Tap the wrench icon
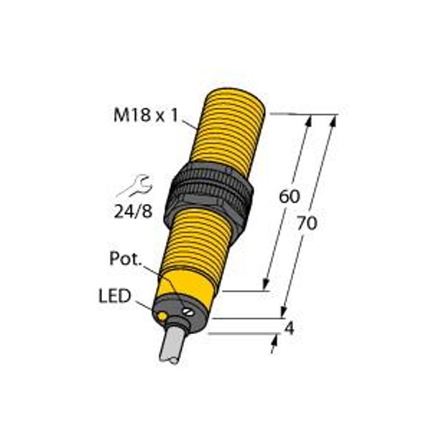(134, 189)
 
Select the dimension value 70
(307, 223)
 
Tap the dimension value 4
(289, 330)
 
